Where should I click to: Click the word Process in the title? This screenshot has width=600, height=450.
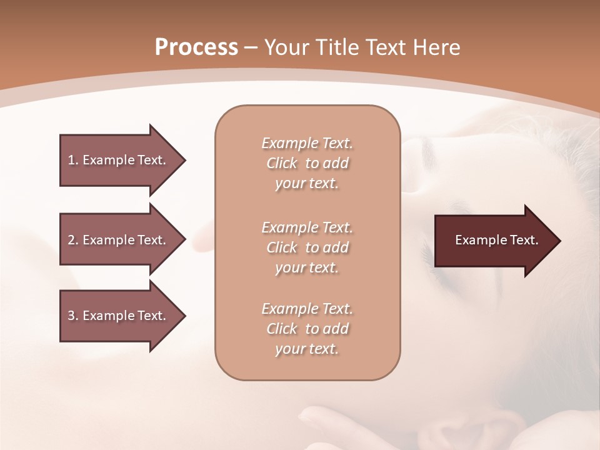pos(196,47)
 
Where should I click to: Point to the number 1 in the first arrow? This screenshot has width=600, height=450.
pos(71,160)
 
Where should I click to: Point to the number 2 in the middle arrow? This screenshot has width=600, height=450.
pos(71,240)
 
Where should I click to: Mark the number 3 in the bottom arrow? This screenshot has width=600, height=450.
pos(71,316)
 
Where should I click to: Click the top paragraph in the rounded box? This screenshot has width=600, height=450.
pos(307,163)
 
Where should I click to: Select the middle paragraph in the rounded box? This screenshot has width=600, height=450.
pos(307,247)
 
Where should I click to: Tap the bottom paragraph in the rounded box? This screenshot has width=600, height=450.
pos(307,329)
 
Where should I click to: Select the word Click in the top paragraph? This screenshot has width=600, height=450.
pos(282,163)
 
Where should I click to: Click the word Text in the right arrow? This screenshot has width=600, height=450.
pos(524,240)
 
